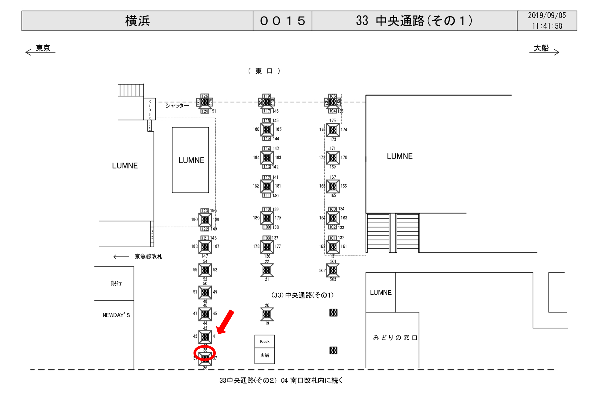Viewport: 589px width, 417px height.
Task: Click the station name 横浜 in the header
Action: [137, 21]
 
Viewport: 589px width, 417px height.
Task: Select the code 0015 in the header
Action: [282, 21]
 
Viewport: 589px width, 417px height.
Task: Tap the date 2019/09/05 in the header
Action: [547, 15]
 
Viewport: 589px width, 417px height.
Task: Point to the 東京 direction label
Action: [43, 48]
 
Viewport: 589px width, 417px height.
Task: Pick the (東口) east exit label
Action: [264, 71]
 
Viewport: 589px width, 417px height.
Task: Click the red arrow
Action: [225, 322]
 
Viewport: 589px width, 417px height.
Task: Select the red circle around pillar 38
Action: [204, 354]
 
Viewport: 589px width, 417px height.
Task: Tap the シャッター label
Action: [177, 105]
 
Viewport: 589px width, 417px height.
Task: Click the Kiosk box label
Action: [265, 341]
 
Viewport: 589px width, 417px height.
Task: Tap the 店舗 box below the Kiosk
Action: [265, 355]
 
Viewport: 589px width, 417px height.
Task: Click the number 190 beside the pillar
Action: [194, 219]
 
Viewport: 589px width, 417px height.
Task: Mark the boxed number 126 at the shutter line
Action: [204, 96]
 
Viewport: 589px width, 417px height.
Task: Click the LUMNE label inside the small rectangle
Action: [191, 160]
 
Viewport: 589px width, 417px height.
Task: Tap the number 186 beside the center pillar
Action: [256, 129]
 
